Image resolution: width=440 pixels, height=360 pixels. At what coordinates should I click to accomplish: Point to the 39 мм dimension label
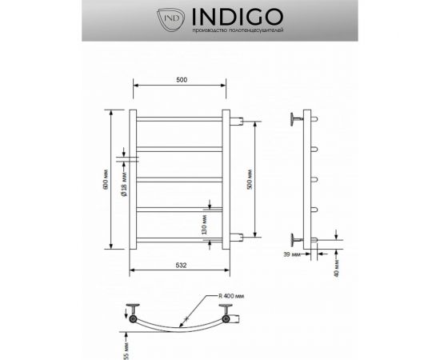(292, 254)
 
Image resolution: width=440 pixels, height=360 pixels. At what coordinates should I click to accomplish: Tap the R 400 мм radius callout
(234, 296)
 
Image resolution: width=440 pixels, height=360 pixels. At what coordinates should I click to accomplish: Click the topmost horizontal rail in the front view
(181, 119)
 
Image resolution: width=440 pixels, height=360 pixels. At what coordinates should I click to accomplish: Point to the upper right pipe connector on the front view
(237, 122)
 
